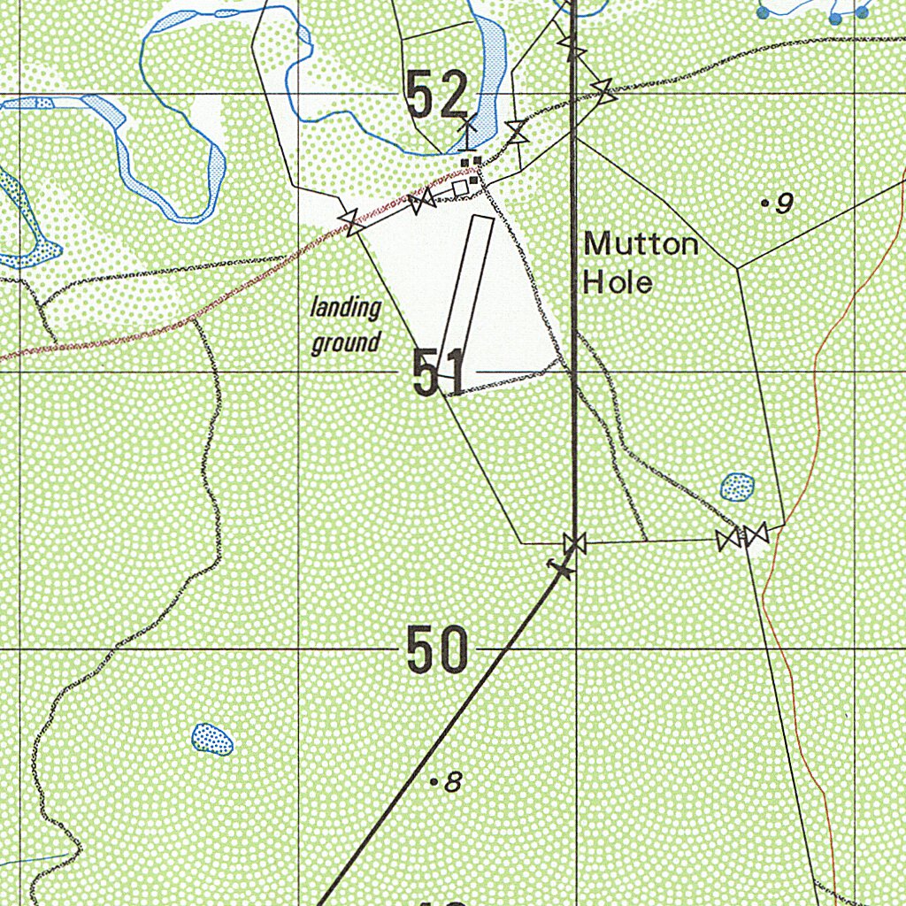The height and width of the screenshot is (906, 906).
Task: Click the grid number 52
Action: pos(436,96)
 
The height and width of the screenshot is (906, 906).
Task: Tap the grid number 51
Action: pos(439,372)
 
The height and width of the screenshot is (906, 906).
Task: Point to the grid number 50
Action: pos(437,649)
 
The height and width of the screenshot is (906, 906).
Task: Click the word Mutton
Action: pos(641,243)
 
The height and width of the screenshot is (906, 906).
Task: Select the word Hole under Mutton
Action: pos(618,282)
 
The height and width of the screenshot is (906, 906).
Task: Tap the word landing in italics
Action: pos(345,309)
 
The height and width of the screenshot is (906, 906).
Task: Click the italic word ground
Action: pos(345,342)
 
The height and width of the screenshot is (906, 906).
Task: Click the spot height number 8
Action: pos(453,782)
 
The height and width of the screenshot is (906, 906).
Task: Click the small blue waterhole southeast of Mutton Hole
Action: pos(737,486)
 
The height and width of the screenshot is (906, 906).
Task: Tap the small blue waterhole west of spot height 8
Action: pos(213,739)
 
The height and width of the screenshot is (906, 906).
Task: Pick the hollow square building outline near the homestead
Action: pos(459,188)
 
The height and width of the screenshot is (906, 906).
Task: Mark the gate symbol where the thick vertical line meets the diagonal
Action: pos(574,542)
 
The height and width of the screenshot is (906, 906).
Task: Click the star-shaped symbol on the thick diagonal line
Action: pos(561,568)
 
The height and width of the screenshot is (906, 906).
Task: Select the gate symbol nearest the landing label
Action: pos(354,222)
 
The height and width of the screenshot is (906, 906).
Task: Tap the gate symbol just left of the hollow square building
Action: pos(422,201)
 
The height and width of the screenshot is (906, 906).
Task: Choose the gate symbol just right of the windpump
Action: pos(516,133)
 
